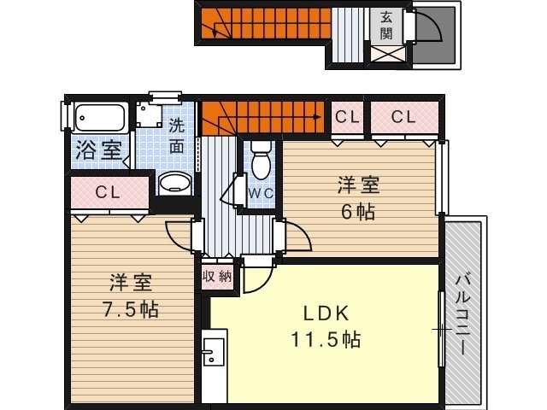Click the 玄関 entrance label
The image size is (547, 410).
click(386, 25)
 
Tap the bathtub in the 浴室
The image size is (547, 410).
click(100, 118)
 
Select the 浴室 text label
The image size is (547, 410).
click(99, 149)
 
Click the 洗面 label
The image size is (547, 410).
click(177, 136)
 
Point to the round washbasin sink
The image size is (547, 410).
click(175, 183)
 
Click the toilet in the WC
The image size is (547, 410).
click(261, 161)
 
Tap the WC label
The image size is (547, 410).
click(261, 193)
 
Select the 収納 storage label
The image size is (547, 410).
click(217, 277)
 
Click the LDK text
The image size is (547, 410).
click(326, 313)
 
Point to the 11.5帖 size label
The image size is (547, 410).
click(326, 339)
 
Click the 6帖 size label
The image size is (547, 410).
click(358, 211)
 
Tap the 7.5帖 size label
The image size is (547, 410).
click(131, 309)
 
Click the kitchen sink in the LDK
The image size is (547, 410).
click(214, 352)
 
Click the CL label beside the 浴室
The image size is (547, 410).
click(108, 192)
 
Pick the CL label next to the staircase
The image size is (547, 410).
click(347, 117)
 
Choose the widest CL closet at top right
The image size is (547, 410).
click(404, 118)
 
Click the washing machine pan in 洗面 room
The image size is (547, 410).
click(150, 114)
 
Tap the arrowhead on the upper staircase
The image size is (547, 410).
click(215, 34)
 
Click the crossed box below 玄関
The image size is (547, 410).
click(388, 55)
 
